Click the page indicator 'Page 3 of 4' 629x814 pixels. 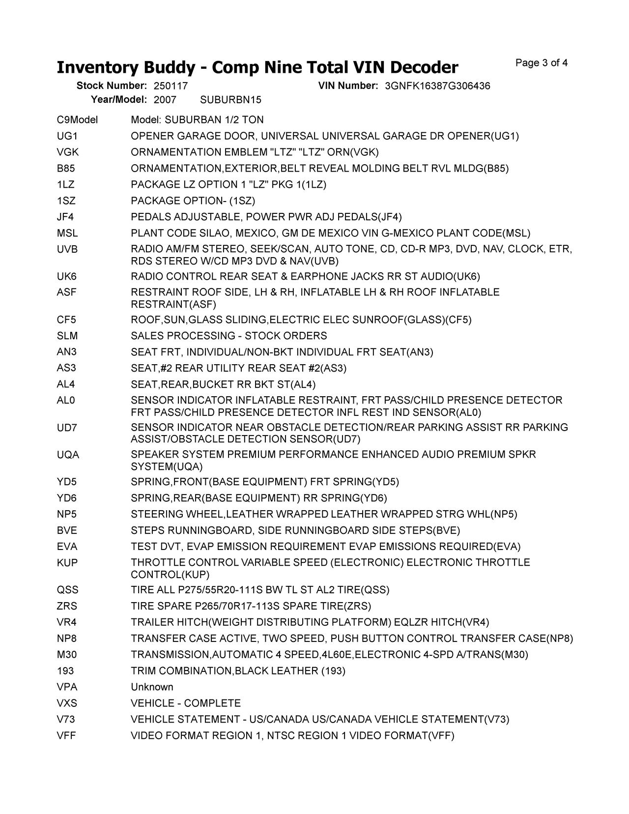542,63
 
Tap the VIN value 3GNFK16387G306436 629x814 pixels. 437,86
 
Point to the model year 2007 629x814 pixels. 165,100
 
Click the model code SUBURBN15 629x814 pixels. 231,100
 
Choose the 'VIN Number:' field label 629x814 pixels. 348,86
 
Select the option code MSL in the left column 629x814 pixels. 67,233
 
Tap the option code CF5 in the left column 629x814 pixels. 67,320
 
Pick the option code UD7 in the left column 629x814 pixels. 67,428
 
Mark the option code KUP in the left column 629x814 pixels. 67,563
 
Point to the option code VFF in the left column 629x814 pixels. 66,736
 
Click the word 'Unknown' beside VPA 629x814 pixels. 152,687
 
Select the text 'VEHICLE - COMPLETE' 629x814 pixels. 186,703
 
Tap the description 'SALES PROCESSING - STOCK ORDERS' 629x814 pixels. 229,336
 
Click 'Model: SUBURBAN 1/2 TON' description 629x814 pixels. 197,120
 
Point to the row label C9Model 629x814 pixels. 77,120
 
